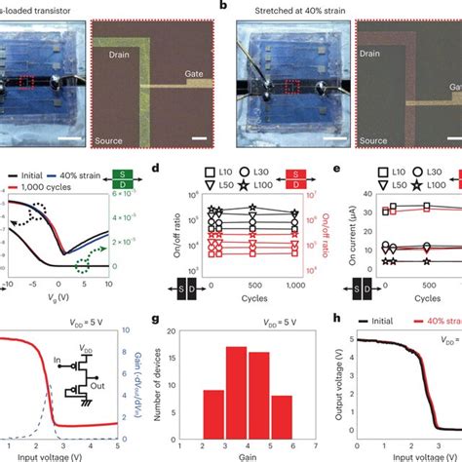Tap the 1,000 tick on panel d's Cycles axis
pos(297,287)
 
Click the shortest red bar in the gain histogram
pos(278,410)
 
